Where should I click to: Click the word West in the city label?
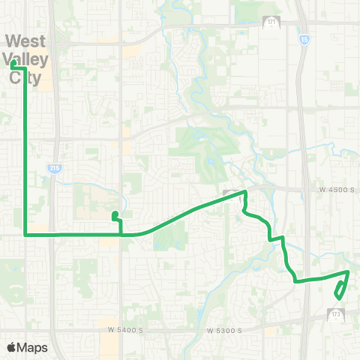(x=25, y=40)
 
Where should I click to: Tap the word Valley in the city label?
(x=25, y=58)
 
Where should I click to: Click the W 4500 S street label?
(x=334, y=190)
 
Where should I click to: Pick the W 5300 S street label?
(x=223, y=330)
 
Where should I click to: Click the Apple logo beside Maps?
(x=11, y=347)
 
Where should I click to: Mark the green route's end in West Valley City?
(x=13, y=64)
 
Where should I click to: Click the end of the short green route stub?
(x=114, y=215)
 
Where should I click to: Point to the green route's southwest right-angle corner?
(x=26, y=235)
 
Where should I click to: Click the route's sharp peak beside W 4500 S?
(x=245, y=193)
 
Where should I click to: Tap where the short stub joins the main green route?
(x=121, y=235)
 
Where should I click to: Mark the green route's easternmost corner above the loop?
(x=349, y=272)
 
